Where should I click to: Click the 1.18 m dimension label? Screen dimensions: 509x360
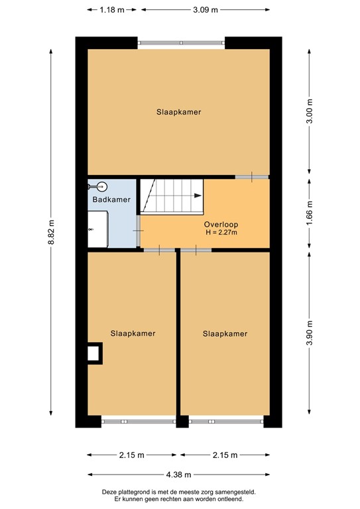pyautogui.click(x=113, y=9)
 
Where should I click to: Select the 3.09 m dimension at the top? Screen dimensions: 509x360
pyautogui.click(x=205, y=9)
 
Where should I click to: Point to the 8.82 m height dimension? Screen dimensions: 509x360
pyautogui.click(x=50, y=233)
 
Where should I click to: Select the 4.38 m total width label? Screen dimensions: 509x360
pyautogui.click(x=178, y=475)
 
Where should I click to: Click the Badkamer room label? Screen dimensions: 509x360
pyautogui.click(x=111, y=199)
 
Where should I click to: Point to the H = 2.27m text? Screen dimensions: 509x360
pyautogui.click(x=221, y=233)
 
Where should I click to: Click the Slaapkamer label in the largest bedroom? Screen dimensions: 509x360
pyautogui.click(x=178, y=112)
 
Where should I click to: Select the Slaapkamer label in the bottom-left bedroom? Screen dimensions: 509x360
pyautogui.click(x=133, y=333)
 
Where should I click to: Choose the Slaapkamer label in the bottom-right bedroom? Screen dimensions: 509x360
pyautogui.click(x=225, y=333)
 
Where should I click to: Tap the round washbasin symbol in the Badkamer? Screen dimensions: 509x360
pyautogui.click(x=101, y=187)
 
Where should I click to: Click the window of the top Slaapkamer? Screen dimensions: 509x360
pyautogui.click(x=182, y=43)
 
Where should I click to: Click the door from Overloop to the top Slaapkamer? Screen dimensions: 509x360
pyautogui.click(x=252, y=177)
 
